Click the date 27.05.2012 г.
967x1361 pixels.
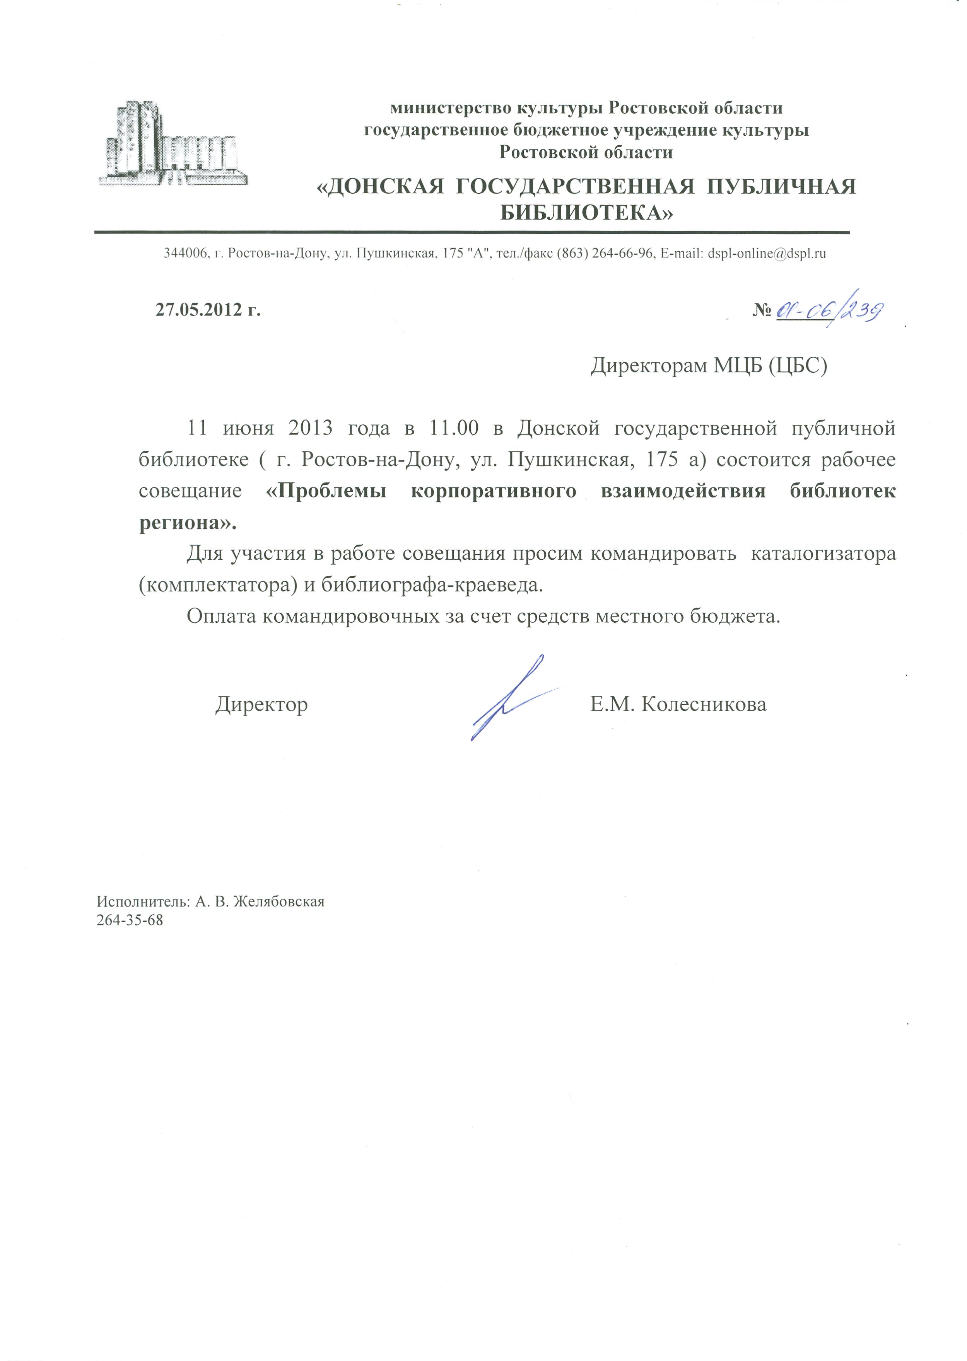[x=208, y=310]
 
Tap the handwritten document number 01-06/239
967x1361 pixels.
[x=829, y=310]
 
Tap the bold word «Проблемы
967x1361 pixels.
[x=326, y=491]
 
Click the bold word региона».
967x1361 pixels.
[x=188, y=523]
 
